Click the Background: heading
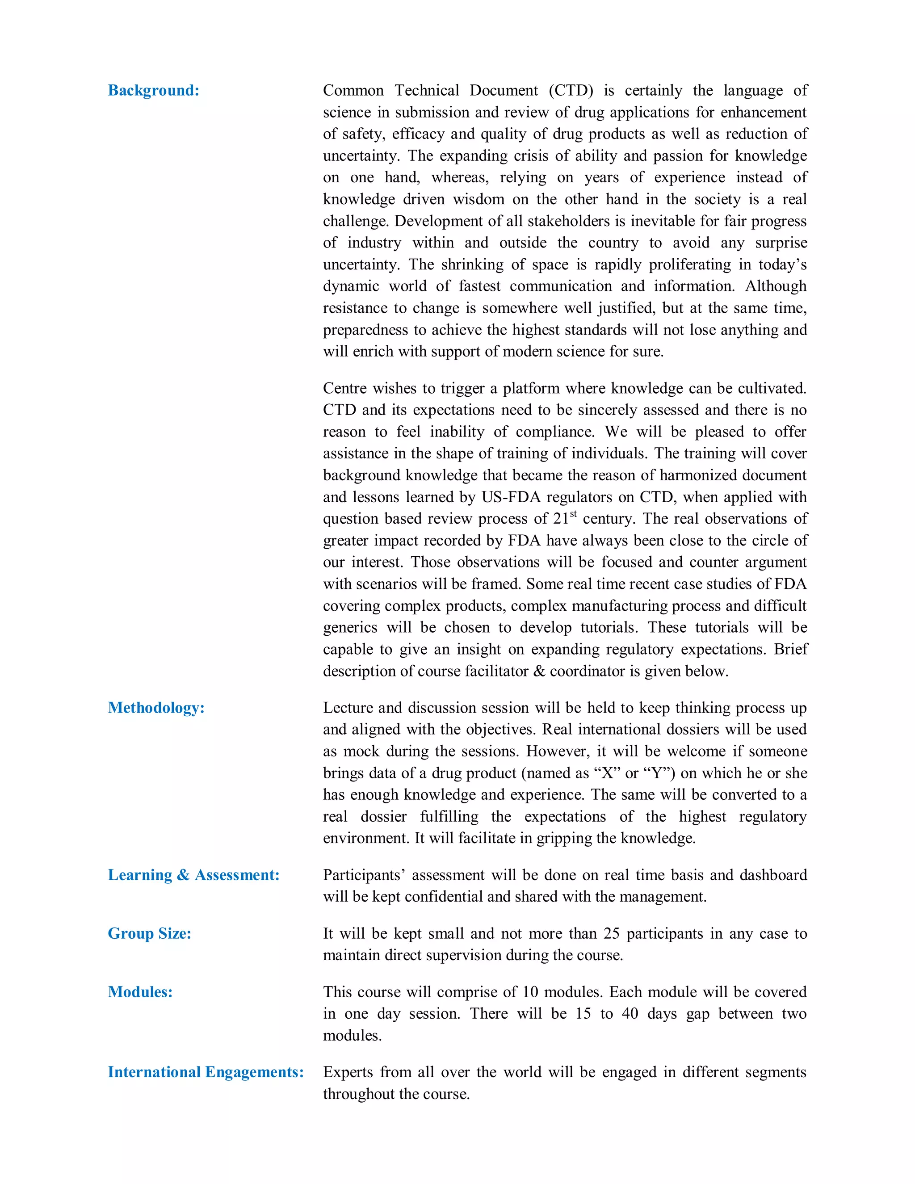point(153,91)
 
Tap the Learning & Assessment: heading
point(193,874)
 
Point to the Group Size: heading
point(150,933)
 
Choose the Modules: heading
point(140,991)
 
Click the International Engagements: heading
point(206,1072)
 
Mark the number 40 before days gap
point(630,1014)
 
